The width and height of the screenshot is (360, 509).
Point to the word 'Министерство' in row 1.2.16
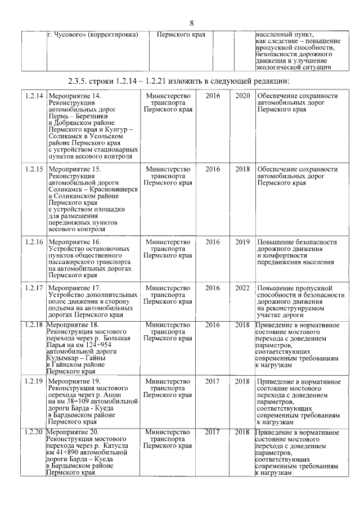(x=168, y=242)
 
